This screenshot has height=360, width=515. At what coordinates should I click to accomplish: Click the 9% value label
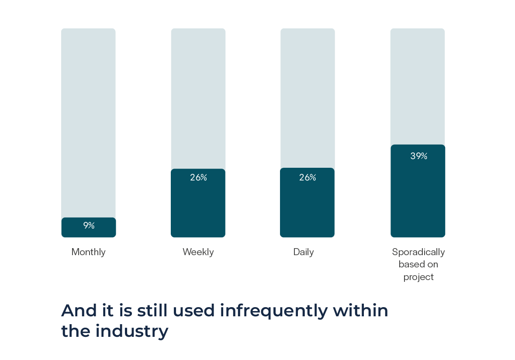(x=89, y=225)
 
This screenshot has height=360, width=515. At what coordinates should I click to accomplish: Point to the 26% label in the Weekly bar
(x=198, y=177)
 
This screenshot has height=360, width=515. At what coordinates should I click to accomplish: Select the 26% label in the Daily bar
(x=308, y=177)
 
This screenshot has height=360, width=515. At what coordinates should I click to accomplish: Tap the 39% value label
(x=418, y=156)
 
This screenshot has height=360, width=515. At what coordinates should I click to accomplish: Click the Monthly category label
(x=88, y=252)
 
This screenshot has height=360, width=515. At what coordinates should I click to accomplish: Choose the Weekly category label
(x=198, y=252)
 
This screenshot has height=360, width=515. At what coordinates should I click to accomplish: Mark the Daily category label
(x=304, y=252)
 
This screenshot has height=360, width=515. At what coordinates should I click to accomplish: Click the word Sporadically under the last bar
(x=418, y=252)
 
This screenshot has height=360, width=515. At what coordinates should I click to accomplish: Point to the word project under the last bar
(x=418, y=277)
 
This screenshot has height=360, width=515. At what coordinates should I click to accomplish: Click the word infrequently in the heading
(x=273, y=310)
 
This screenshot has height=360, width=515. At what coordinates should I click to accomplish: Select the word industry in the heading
(x=132, y=331)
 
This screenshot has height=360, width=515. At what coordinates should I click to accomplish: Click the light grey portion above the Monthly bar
(x=88, y=122)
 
